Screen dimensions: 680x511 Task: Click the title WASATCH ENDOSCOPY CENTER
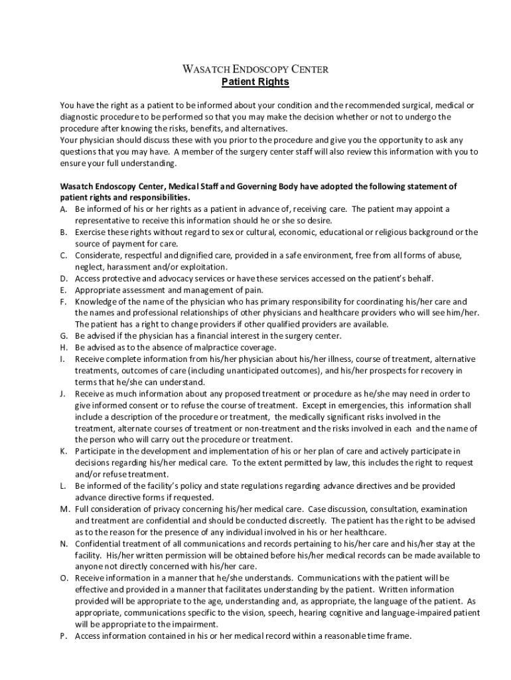256,69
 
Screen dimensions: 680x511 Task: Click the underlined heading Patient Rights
256,82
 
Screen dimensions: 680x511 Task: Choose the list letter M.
64,509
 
